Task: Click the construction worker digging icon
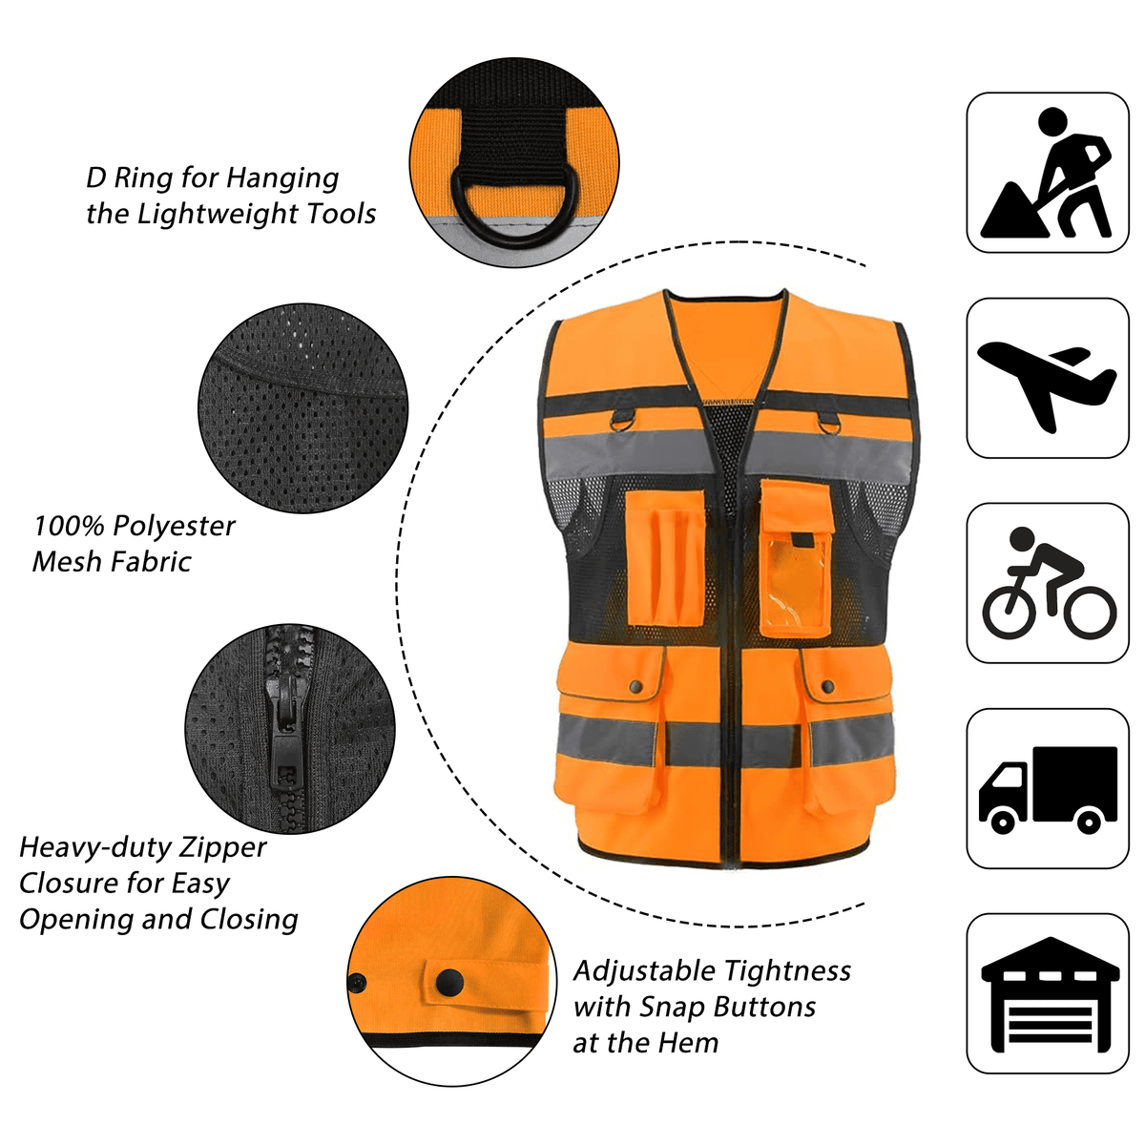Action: pos(1047,173)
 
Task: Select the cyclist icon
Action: pos(1048,584)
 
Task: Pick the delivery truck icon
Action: pos(1048,789)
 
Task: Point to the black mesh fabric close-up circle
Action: pos(302,408)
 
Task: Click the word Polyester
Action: pos(174,527)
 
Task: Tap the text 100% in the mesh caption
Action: pos(68,526)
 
